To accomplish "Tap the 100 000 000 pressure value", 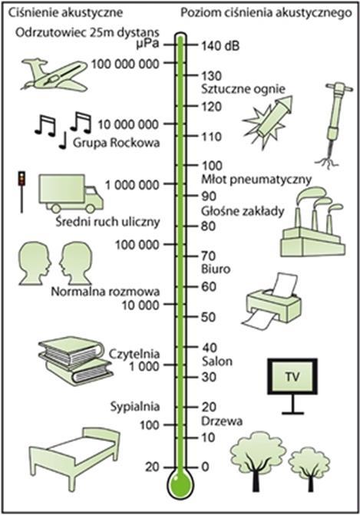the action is [125, 64].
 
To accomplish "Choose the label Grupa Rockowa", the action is [116, 143].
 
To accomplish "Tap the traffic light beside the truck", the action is [22, 192].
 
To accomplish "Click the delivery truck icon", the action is [71, 193].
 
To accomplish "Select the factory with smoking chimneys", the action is [312, 222].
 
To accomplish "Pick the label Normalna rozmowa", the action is [105, 292].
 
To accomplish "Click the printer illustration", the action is [273, 302].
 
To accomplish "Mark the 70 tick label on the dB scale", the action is [208, 256].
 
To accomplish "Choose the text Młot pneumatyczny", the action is [256, 180].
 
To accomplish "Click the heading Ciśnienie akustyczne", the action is [65, 13].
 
